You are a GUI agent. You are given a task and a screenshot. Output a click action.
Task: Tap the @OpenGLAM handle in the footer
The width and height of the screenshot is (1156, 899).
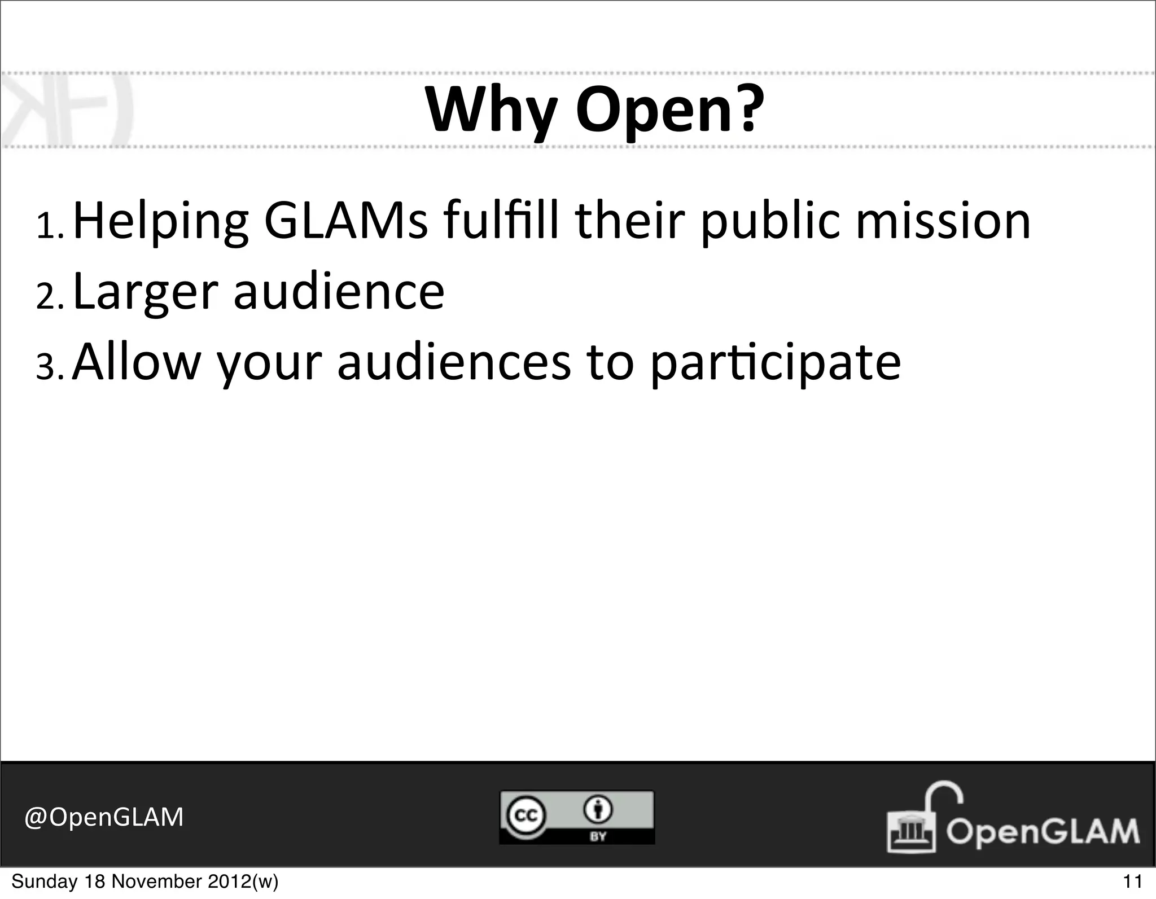click(x=104, y=817)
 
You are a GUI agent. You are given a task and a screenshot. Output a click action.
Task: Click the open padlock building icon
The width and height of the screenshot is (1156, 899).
click(x=917, y=822)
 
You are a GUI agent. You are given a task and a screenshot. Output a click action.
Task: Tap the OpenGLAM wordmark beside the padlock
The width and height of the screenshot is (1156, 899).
click(x=1042, y=832)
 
